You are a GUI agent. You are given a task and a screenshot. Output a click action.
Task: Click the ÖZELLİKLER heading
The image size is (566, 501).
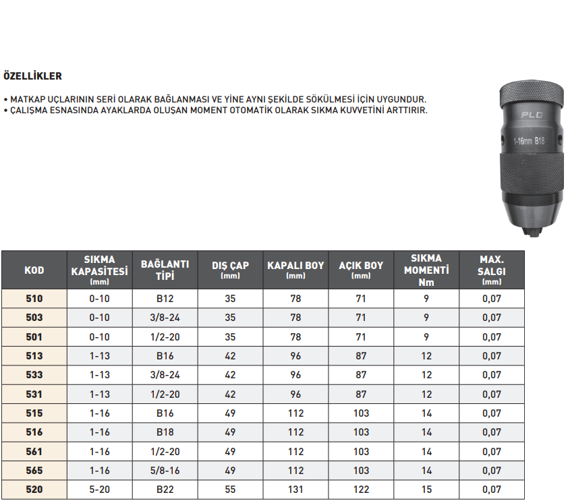tap(32, 76)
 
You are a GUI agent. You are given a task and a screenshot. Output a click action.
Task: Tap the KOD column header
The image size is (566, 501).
tap(34, 270)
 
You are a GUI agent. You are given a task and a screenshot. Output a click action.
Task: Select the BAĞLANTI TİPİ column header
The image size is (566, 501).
tap(165, 270)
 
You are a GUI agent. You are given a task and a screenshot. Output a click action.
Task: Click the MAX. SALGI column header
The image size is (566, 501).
tap(492, 270)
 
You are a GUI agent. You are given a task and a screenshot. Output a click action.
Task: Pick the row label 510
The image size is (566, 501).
tap(34, 299)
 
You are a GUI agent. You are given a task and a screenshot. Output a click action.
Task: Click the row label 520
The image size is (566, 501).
tap(34, 490)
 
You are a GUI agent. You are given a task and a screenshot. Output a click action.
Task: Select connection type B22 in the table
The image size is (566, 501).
tap(165, 490)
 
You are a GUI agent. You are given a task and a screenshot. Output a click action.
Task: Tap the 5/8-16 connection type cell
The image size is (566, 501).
tap(165, 471)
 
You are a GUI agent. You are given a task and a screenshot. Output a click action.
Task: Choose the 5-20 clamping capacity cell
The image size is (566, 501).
tap(100, 490)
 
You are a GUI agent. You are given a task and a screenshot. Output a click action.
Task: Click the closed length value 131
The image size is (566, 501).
tap(295, 490)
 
